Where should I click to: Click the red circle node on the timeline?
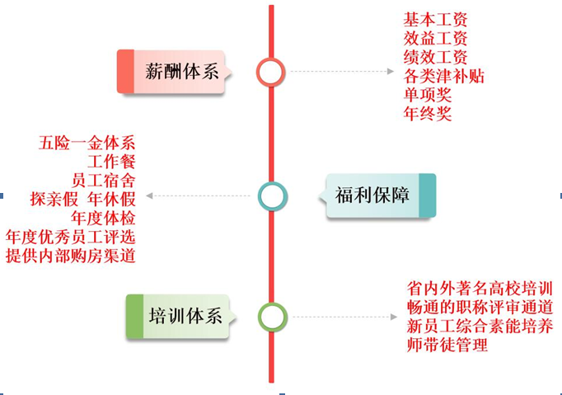click(x=270, y=72)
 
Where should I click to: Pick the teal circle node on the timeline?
click(x=271, y=195)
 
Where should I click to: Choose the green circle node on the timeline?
click(x=271, y=317)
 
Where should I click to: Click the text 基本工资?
click(x=435, y=19)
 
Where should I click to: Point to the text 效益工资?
click(x=435, y=38)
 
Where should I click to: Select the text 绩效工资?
click(x=435, y=57)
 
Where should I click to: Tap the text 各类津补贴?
click(x=443, y=76)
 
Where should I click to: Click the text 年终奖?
click(x=427, y=114)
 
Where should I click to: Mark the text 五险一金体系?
click(x=87, y=142)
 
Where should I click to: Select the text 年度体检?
click(x=103, y=218)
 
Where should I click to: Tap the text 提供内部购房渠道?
click(x=71, y=256)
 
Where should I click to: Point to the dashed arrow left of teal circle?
click(x=198, y=196)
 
